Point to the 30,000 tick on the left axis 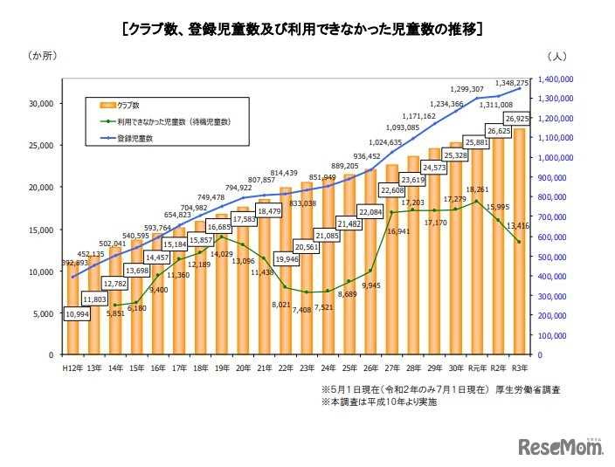pos(41,103)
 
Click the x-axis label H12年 pos(73,369)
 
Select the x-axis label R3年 pos(520,369)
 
